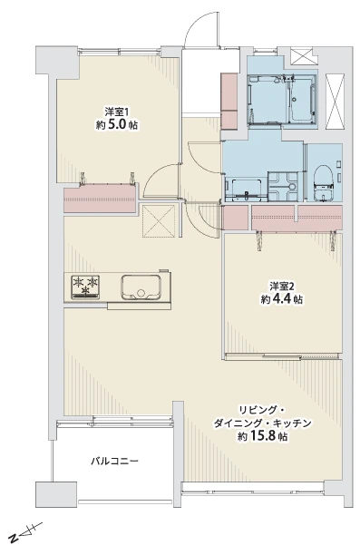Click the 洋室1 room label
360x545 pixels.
coord(117,112)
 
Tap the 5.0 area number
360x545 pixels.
coord(119,125)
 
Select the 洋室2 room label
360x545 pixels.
coord(282,286)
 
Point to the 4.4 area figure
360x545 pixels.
coord(283,299)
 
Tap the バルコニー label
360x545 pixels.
coord(114,462)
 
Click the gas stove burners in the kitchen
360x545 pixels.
coord(85,287)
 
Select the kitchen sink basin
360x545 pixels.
coord(141,287)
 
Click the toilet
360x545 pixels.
coord(324,183)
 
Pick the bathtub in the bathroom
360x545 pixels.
coord(301,100)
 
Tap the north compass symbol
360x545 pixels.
coord(25,532)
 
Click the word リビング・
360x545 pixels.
coord(261,410)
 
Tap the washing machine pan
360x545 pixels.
coord(283,187)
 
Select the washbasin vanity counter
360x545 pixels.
coord(246,190)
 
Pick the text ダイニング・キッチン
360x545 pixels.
coord(262,423)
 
